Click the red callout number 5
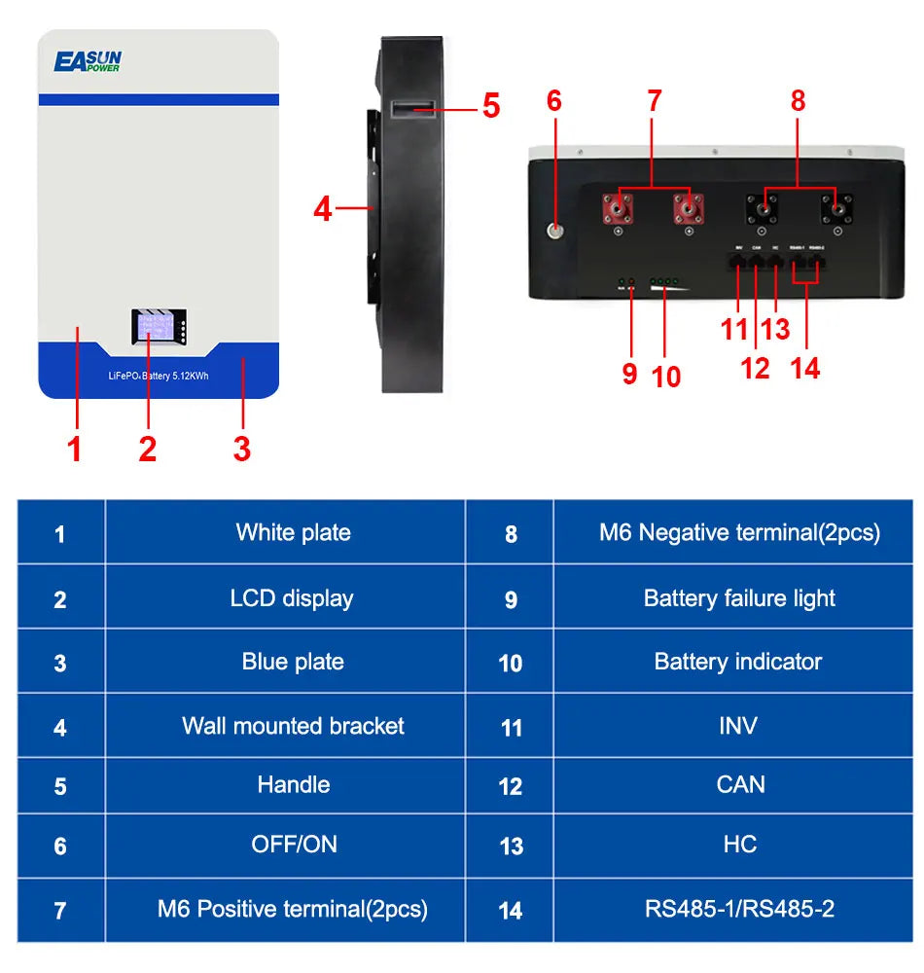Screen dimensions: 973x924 click(x=491, y=106)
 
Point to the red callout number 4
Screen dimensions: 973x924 click(x=323, y=208)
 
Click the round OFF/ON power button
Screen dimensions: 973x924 click(x=555, y=233)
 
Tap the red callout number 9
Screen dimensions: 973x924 click(x=629, y=374)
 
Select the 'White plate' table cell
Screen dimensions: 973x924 click(x=293, y=532)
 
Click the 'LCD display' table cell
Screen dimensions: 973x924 click(x=292, y=598)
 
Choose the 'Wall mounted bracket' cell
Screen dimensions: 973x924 click(x=293, y=726)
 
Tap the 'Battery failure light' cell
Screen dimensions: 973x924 click(x=739, y=598)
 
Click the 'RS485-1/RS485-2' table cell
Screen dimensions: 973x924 click(x=739, y=910)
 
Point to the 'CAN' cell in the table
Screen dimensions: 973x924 click(x=740, y=784)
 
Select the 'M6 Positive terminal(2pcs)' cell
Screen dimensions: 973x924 click(x=293, y=910)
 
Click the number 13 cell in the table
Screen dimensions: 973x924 click(x=511, y=847)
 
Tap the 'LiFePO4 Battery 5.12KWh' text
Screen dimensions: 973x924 click(x=159, y=376)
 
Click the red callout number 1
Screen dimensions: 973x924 click(x=74, y=449)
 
